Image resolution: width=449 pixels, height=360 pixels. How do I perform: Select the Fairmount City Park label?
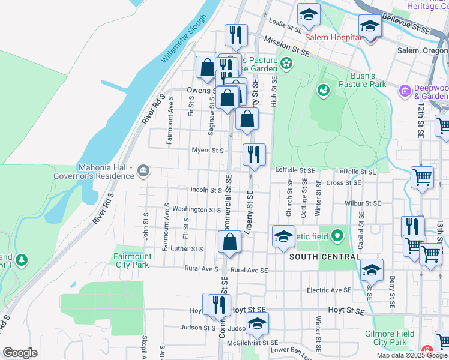pyautogui.click(x=132, y=260)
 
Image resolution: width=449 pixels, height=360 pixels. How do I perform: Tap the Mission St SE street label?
pyautogui.click(x=286, y=49)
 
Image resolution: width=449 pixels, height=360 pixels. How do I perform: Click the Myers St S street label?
pyautogui.click(x=208, y=150)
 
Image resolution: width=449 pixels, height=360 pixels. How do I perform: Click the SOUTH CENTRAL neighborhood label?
pyautogui.click(x=324, y=256)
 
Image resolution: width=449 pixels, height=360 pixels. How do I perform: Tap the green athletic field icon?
pyautogui.click(x=336, y=236)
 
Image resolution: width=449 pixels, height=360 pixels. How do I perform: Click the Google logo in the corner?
pyautogui.click(x=20, y=353)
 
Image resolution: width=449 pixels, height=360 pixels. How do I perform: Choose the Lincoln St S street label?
pyautogui.click(x=205, y=190)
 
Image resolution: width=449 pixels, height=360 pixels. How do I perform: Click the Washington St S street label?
pyautogui.click(x=197, y=210)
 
